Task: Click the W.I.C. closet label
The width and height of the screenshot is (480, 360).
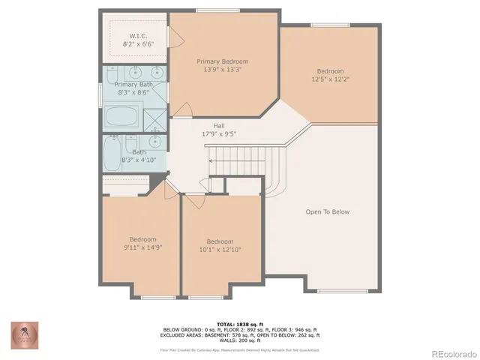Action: pyautogui.click(x=138, y=35)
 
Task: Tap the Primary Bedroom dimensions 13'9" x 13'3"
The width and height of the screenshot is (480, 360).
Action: pyautogui.click(x=222, y=70)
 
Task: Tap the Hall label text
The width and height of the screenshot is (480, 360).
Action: pyautogui.click(x=219, y=126)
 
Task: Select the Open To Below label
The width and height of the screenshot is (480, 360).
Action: pyautogui.click(x=327, y=211)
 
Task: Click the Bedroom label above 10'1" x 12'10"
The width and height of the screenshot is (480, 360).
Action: pyautogui.click(x=220, y=241)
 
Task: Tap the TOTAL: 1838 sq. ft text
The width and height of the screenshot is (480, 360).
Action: pyautogui.click(x=240, y=324)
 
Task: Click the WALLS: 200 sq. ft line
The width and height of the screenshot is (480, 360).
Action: pyautogui.click(x=240, y=342)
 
